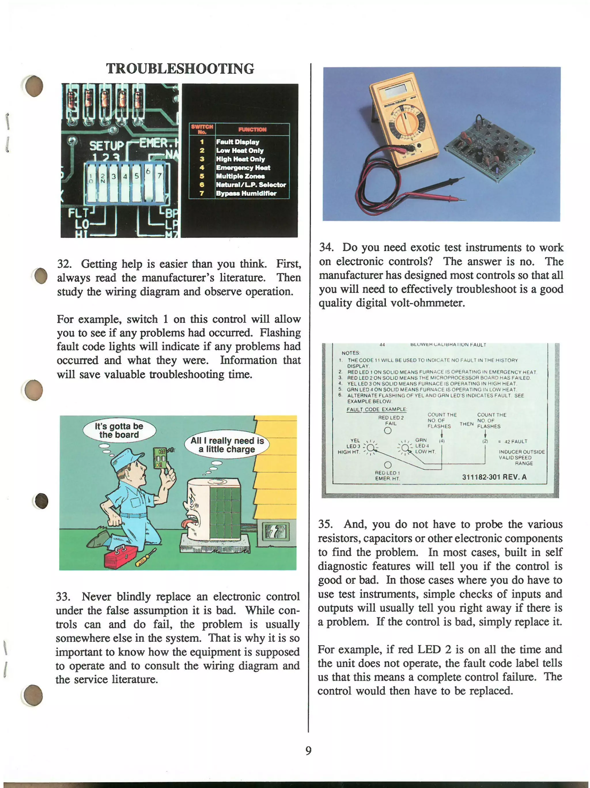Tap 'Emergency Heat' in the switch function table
pos(243,168)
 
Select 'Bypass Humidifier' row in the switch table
pos(246,193)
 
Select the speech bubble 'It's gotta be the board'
pos(119,430)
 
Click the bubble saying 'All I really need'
pos(227,445)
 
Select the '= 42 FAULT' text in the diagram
pos(512,441)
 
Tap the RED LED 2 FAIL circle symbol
pos(388,430)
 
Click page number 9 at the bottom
pos(308,750)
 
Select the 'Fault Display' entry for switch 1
pos(237,142)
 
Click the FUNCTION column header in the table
pos(252,129)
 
